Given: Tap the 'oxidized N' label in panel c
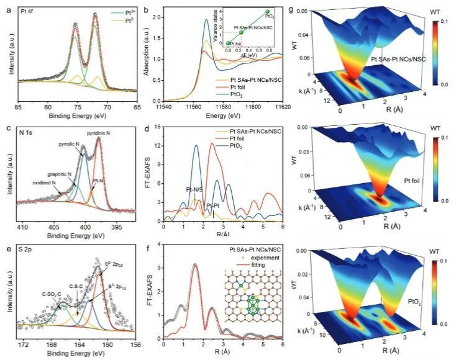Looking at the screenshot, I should pos(39,184).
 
